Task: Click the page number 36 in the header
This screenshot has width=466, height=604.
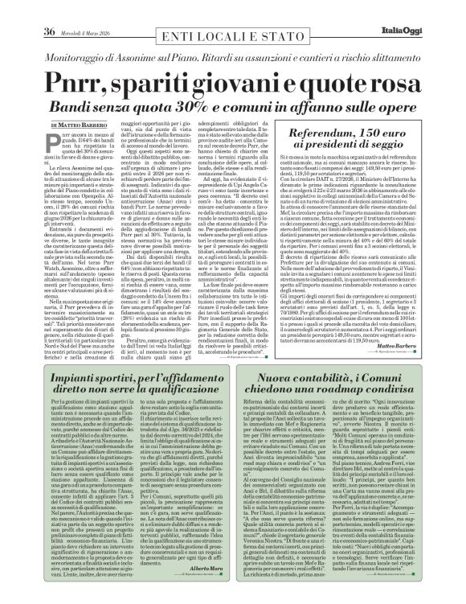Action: coord(25,9)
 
